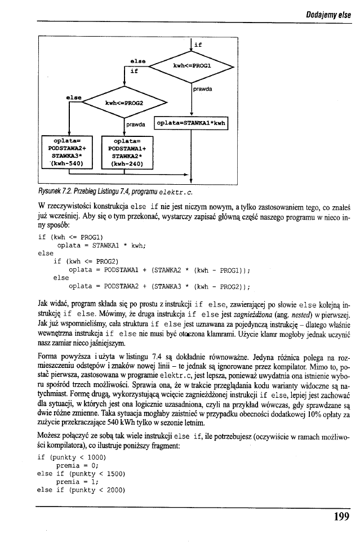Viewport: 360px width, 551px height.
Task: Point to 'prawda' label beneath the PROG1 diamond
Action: click(x=203, y=89)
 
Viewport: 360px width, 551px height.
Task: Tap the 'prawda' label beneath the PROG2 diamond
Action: click(x=136, y=125)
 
